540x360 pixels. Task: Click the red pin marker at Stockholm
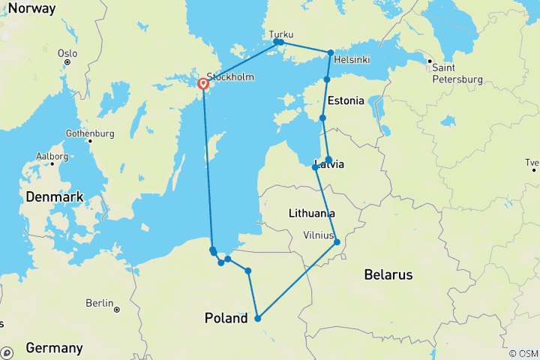[x=202, y=85]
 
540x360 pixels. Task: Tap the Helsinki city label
[x=352, y=59]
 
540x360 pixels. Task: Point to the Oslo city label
[x=67, y=52]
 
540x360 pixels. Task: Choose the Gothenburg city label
[x=89, y=133]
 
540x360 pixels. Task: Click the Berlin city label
[x=100, y=303]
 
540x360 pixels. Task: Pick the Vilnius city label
[x=318, y=235]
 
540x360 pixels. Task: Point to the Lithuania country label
[x=311, y=214]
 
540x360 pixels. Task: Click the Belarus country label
[x=388, y=275]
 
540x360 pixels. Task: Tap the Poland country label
[x=226, y=319]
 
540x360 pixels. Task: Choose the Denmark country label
[x=54, y=196]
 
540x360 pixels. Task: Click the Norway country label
[x=30, y=9]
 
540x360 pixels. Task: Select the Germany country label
[x=54, y=348]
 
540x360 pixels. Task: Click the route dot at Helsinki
[x=330, y=52]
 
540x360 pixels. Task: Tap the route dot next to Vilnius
[x=337, y=241]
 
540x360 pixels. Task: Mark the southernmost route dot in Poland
[x=257, y=318]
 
